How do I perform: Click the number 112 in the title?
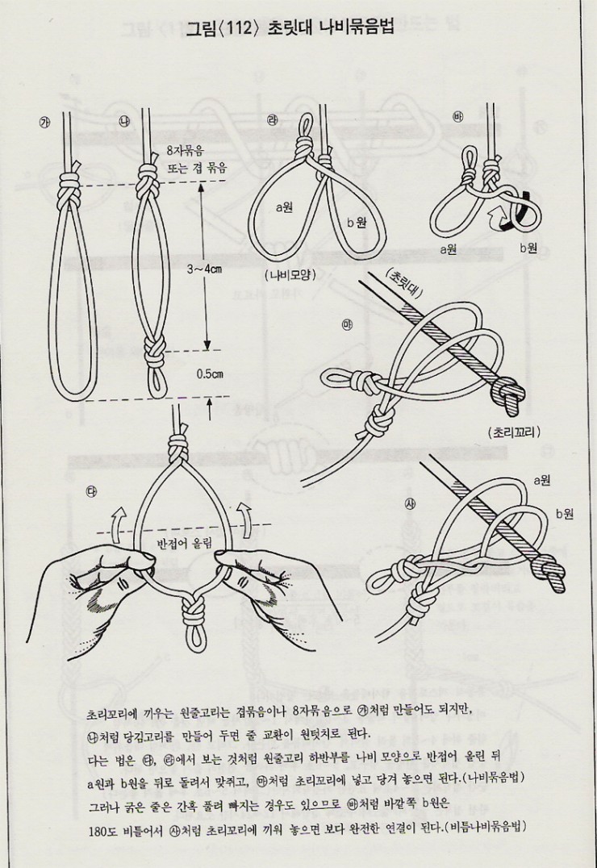240,27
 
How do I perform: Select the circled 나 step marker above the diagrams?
124,121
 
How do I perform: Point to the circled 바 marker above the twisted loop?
457,116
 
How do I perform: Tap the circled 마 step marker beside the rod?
349,325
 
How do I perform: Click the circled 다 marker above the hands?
90,491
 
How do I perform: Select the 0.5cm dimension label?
209,374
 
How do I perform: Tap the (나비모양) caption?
289,274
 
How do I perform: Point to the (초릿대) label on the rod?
402,283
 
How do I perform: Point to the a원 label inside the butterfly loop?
285,207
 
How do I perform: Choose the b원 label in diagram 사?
564,514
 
